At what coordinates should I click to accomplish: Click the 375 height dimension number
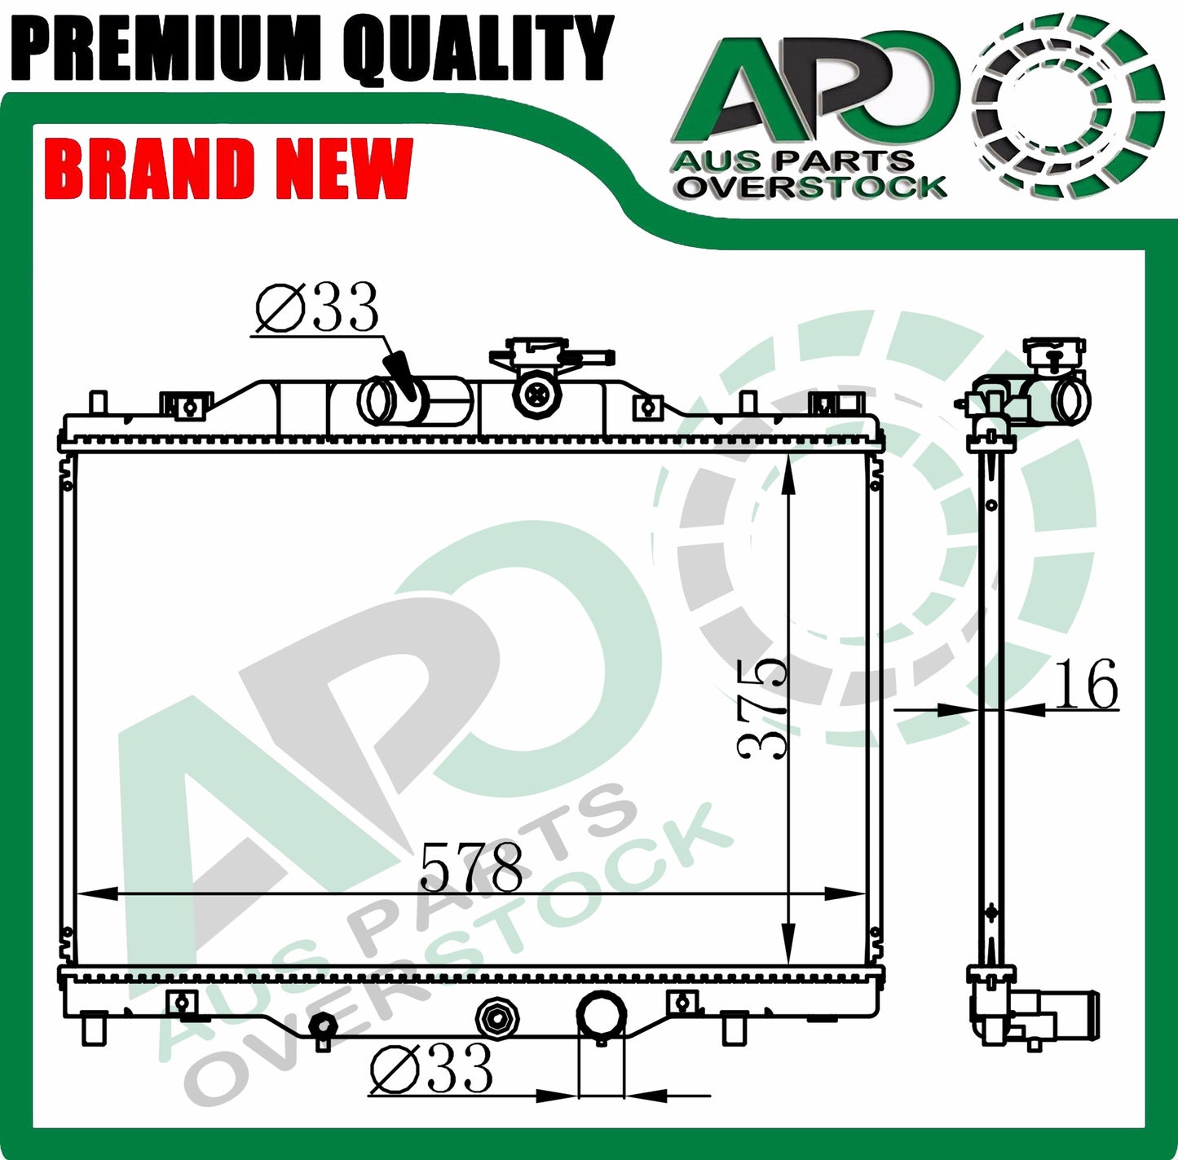(762, 709)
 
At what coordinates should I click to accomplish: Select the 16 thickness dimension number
(1087, 683)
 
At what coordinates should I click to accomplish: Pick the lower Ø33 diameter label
(431, 1068)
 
